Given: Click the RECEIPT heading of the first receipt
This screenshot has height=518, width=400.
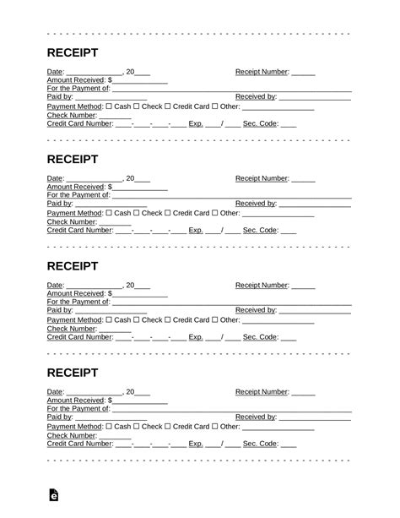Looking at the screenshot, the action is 73,52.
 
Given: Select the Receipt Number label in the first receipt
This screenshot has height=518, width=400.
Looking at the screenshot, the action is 262,72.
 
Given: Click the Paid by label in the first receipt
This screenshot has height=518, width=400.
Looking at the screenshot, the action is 60,98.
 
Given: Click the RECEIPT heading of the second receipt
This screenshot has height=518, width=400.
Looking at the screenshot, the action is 73,159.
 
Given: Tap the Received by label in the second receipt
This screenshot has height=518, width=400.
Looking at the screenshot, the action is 256,204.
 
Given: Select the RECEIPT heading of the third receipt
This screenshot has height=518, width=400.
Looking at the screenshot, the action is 73,265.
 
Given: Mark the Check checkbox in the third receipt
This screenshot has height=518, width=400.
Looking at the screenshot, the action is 138,320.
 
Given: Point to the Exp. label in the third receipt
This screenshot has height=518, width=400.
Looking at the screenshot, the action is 196,337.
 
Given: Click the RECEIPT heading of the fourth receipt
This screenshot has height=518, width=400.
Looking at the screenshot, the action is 73,372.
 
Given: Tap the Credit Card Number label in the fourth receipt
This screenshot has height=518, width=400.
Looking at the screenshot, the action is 79,444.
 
